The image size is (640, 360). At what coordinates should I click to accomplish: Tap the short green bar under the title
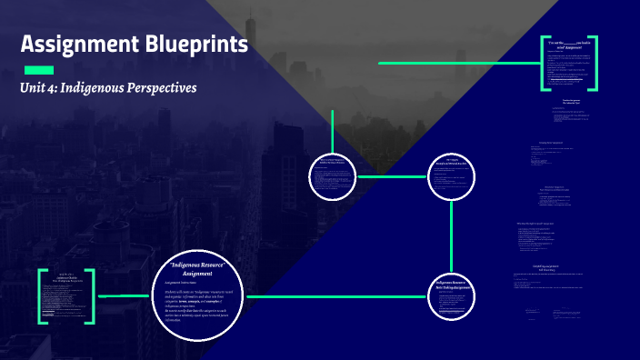(x=38, y=70)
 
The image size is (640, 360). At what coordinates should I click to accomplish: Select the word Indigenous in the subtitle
(x=103, y=88)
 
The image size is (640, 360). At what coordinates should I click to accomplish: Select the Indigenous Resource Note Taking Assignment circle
(x=451, y=296)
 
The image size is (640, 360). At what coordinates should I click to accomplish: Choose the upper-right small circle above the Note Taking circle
(x=451, y=176)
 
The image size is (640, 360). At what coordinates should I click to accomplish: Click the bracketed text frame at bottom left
(x=65, y=296)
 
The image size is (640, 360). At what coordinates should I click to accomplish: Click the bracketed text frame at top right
(x=569, y=64)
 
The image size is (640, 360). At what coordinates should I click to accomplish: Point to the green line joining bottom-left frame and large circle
(x=122, y=296)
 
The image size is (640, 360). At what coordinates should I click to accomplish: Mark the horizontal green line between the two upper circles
(x=393, y=176)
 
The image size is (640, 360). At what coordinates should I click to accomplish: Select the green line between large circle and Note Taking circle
(x=336, y=296)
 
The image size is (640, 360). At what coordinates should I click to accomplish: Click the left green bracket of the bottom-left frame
(x=42, y=296)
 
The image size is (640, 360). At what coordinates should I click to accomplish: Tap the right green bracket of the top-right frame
(x=595, y=64)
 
